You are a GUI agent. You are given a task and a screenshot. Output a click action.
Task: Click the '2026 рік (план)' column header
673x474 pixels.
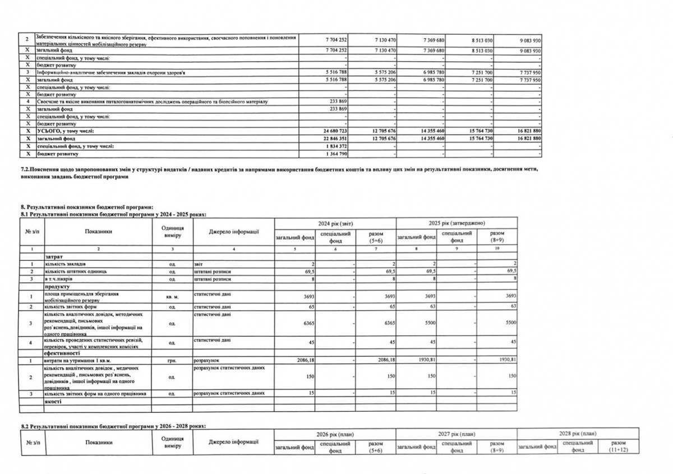pyautogui.click(x=335, y=434)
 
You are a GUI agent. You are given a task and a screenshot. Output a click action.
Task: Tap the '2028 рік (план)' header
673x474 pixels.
pyautogui.click(x=578, y=434)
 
